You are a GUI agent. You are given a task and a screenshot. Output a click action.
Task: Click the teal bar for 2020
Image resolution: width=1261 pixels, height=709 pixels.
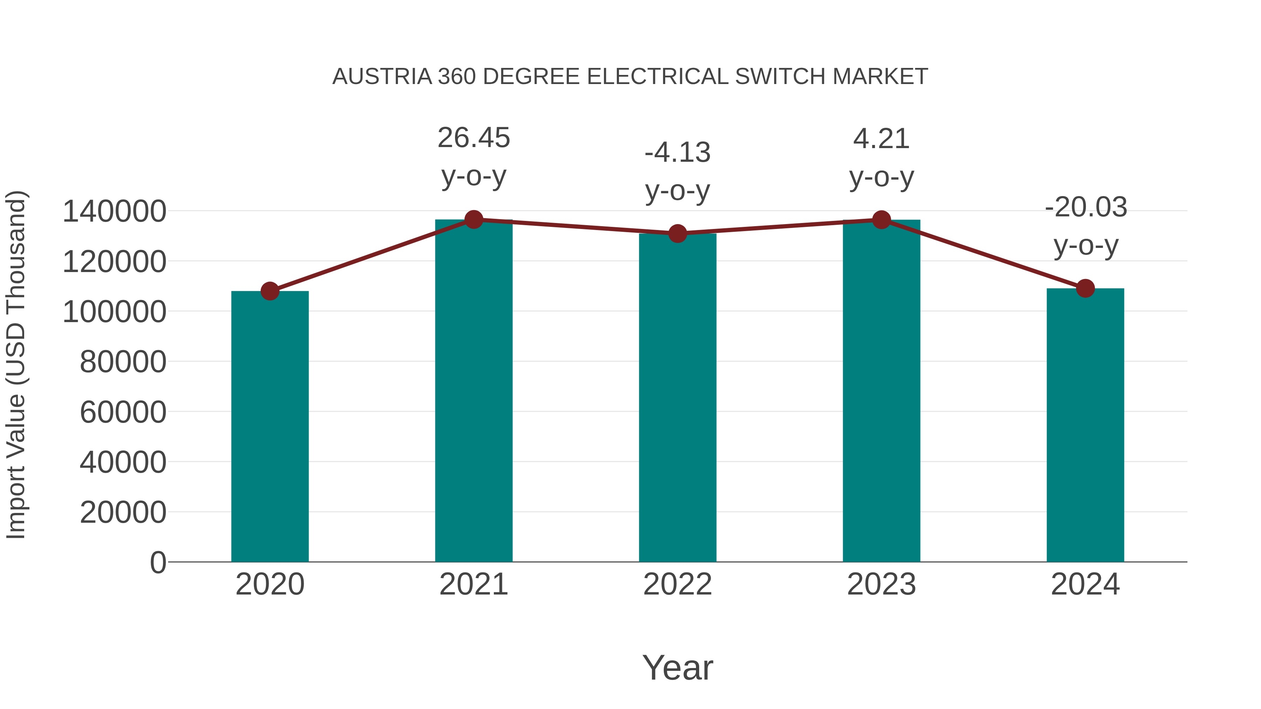(x=270, y=426)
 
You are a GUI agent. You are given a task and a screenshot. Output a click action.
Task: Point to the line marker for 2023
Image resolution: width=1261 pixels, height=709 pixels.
(x=882, y=220)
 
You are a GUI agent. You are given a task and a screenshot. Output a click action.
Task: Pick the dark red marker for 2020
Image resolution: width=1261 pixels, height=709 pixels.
(x=270, y=291)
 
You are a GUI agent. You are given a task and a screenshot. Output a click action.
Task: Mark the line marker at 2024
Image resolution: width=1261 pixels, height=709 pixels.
(x=1085, y=288)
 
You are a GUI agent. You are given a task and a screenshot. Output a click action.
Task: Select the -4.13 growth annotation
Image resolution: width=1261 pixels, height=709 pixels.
(x=677, y=153)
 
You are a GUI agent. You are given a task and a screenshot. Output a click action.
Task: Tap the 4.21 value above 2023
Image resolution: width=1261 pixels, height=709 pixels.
(x=882, y=139)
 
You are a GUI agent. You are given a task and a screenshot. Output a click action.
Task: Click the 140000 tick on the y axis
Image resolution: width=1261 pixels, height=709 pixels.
(x=115, y=212)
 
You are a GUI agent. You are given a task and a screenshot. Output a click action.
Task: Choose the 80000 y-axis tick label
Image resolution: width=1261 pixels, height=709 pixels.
(x=123, y=362)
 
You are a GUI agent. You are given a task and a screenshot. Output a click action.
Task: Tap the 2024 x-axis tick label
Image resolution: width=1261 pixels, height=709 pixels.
(x=1085, y=584)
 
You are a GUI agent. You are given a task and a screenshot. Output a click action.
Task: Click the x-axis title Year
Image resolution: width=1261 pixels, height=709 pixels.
(x=677, y=667)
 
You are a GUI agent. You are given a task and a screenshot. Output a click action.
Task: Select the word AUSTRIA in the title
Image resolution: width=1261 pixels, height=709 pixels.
(x=382, y=77)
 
